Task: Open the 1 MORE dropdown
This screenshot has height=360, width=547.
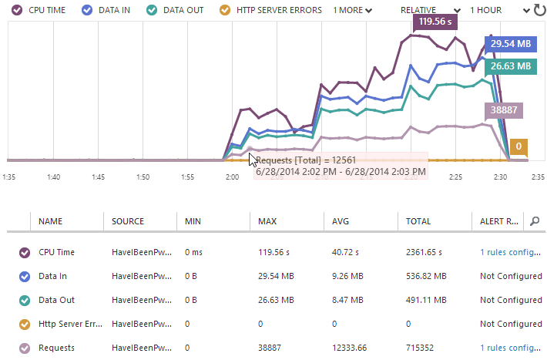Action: [352, 10]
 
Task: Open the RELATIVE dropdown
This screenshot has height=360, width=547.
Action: [423, 10]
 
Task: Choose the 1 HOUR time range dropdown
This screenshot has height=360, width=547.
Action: [490, 10]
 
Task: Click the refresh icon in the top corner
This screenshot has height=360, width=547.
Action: [539, 10]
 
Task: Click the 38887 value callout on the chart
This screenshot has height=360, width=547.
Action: [504, 110]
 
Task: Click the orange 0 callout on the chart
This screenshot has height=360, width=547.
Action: [519, 146]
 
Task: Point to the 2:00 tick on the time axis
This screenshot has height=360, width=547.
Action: [232, 177]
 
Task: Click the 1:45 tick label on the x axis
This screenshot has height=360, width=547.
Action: [98, 177]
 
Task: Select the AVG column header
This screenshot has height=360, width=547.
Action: [341, 221]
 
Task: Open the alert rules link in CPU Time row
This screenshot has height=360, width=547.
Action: [510, 252]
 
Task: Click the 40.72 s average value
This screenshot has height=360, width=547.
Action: [347, 252]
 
